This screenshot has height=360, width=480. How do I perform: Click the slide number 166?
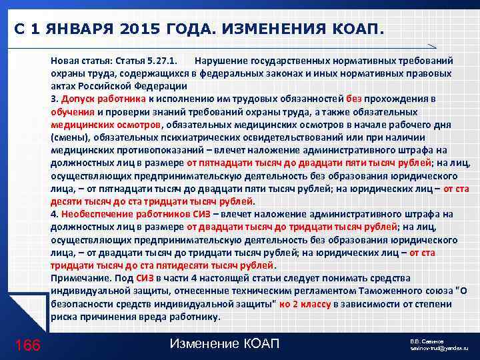coord(27,345)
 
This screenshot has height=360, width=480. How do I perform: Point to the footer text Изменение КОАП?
coord(225,344)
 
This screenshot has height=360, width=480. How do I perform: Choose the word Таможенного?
coord(369,291)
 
